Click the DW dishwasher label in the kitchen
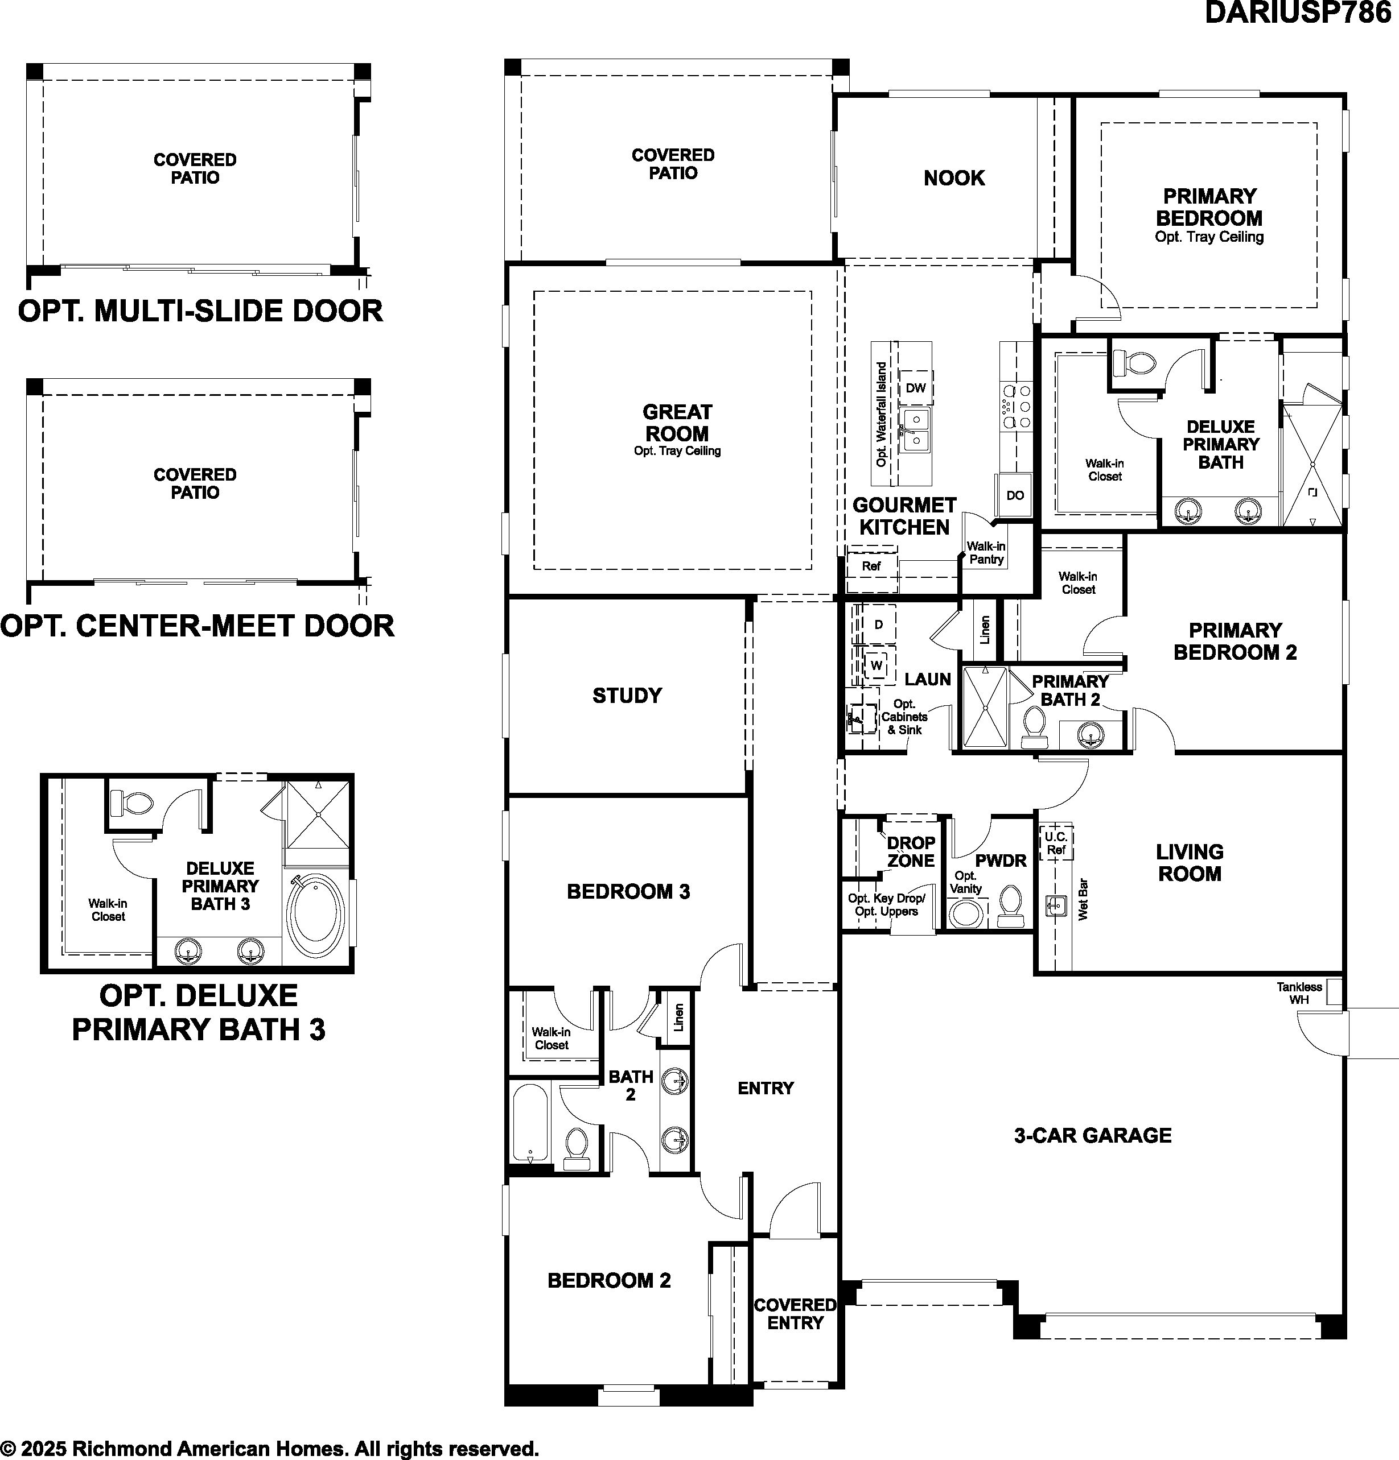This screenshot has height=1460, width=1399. coord(915,387)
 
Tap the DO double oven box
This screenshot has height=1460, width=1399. coord(1014,495)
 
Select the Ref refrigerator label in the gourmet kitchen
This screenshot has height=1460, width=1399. coord(871,566)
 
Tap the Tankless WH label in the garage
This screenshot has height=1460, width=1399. coord(1299,993)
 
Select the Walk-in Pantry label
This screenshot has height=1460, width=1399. coord(986,553)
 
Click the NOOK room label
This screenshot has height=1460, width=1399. coord(954,178)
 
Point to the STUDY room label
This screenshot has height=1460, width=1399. coord(627,696)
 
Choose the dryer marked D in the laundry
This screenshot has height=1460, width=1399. coord(878,624)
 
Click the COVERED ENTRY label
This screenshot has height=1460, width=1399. coord(795,1313)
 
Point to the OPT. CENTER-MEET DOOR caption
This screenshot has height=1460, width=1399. coord(197,626)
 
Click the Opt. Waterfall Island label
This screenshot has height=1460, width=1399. coord(882,414)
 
